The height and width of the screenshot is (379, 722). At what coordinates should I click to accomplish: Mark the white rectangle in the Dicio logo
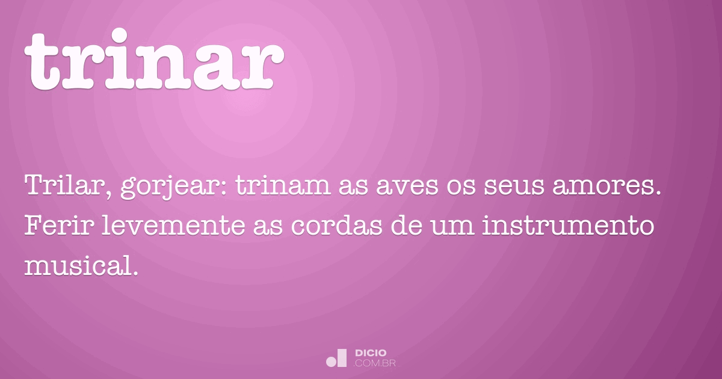(x=342, y=358)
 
